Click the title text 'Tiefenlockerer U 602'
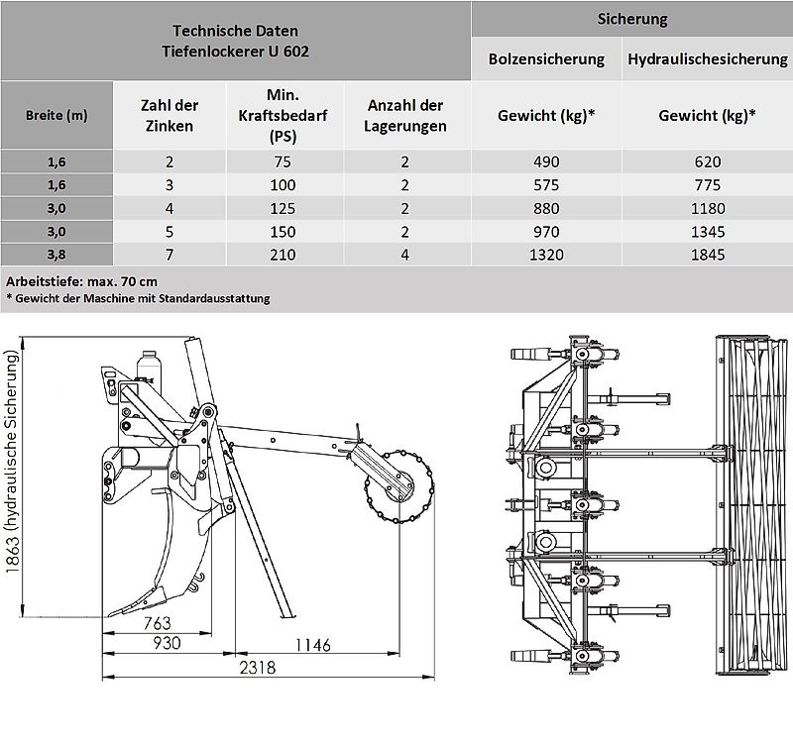click(236, 51)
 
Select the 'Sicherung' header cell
click(631, 19)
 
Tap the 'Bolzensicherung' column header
click(546, 59)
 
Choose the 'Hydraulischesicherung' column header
click(707, 59)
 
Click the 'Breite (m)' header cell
click(57, 115)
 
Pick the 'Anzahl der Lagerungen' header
click(406, 116)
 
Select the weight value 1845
click(707, 255)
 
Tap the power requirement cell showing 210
click(283, 255)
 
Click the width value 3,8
click(57, 255)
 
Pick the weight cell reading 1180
click(707, 208)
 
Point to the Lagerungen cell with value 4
click(406, 255)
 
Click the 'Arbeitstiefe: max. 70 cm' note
click(73, 279)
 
